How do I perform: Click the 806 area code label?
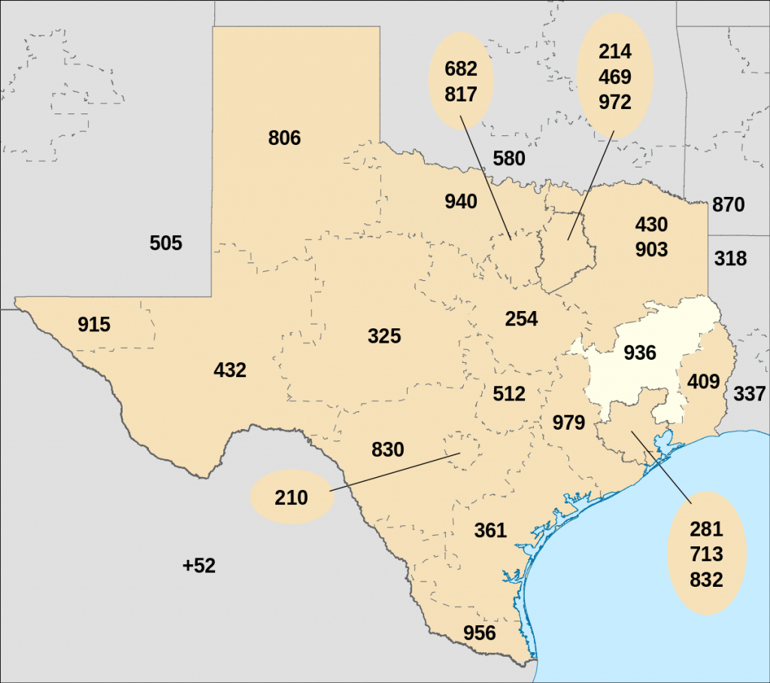(x=284, y=138)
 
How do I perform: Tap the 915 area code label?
(x=94, y=325)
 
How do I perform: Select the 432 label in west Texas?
(x=230, y=370)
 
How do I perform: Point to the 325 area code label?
(x=384, y=336)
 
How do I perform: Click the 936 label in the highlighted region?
(x=640, y=352)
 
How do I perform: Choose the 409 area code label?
(x=704, y=382)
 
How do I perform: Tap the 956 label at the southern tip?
(x=479, y=633)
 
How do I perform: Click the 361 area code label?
(x=490, y=530)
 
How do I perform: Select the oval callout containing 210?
(x=291, y=497)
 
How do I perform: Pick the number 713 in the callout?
(x=706, y=555)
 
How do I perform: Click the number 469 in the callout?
(x=615, y=77)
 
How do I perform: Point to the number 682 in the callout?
(x=461, y=69)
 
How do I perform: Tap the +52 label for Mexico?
(x=199, y=566)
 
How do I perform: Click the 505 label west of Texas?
(x=166, y=243)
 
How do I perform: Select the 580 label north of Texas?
(x=509, y=159)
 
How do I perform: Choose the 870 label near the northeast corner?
(x=728, y=204)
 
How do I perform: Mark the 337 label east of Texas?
(x=749, y=393)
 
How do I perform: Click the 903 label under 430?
(x=651, y=249)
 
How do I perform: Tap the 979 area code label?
(x=568, y=422)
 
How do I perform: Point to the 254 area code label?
(x=521, y=319)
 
